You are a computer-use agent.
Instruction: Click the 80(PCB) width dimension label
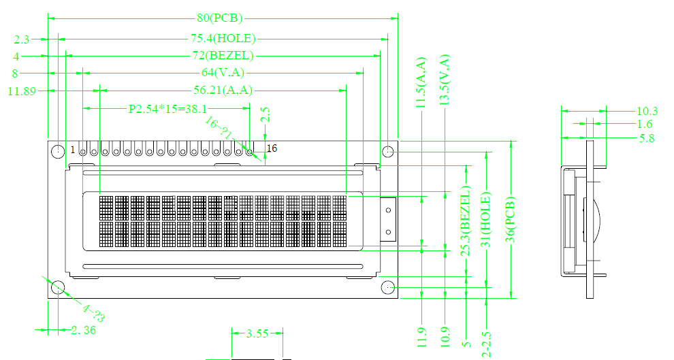[x=220, y=18]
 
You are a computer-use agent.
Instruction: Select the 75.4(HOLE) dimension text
[x=223, y=39]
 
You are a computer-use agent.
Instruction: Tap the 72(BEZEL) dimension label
[x=223, y=56]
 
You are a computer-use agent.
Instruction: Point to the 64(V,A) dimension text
[x=223, y=73]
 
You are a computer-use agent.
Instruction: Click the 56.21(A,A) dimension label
[x=223, y=91]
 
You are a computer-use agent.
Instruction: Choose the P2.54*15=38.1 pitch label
[x=167, y=109]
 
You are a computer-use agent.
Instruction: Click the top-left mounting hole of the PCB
[x=58, y=151]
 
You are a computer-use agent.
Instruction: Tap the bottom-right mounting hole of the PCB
[x=388, y=287]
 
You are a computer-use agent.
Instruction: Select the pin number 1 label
[x=73, y=150]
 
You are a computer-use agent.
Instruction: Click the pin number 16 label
[x=272, y=148]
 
